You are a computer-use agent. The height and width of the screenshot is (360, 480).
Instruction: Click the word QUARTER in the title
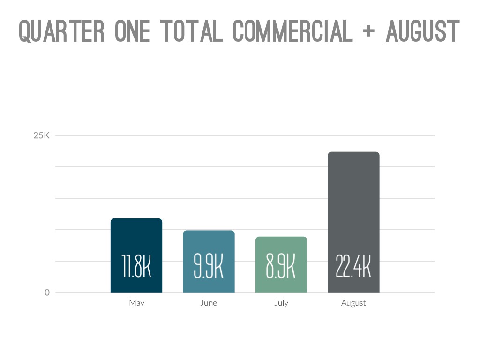(62, 31)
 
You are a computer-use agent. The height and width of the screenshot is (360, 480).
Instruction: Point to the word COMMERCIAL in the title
(292, 31)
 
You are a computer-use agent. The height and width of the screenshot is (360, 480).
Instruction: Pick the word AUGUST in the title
(422, 31)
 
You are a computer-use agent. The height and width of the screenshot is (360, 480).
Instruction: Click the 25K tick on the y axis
(41, 135)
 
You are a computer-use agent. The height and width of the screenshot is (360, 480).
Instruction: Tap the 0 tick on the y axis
(47, 292)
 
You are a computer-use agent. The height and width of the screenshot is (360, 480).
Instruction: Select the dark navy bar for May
(136, 234)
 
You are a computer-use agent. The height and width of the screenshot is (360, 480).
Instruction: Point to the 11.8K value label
(136, 267)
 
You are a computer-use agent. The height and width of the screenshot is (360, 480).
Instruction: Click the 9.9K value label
(209, 267)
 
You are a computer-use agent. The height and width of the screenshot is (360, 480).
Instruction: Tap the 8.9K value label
(281, 267)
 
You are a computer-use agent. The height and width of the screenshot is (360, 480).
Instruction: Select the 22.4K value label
(353, 267)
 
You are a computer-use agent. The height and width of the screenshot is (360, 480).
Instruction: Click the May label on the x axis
(136, 303)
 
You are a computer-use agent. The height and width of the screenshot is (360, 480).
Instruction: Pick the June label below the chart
(209, 303)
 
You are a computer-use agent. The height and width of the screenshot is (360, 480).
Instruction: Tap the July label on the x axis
(281, 303)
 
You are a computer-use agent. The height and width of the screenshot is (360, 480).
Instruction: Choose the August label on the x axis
(353, 303)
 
